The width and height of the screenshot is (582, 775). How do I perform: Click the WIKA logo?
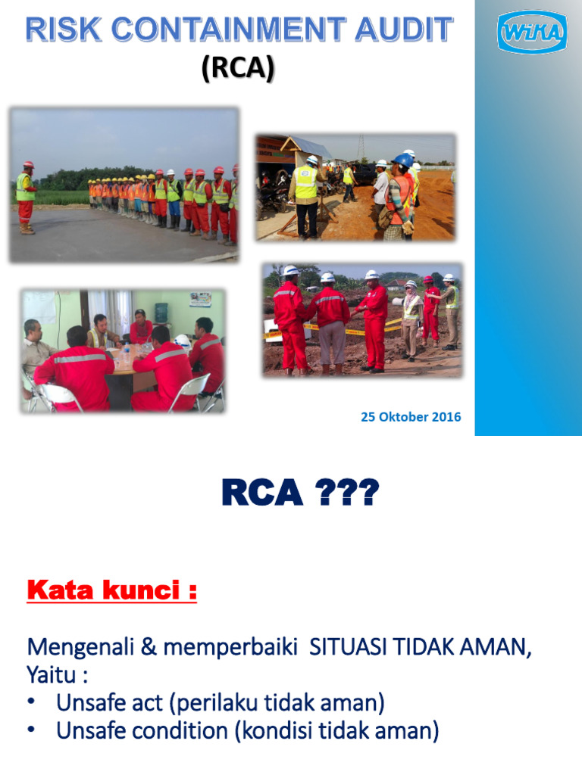click(x=531, y=33)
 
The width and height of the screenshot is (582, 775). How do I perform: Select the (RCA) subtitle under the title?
click(x=238, y=69)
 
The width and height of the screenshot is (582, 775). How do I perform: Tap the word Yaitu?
click(x=51, y=675)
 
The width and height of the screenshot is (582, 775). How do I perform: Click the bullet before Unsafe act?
click(x=31, y=703)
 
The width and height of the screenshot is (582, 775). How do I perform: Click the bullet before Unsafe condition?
click(x=31, y=731)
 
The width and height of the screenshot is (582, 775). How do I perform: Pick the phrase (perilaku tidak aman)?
click(x=277, y=704)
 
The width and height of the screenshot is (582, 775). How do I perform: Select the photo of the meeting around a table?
click(x=123, y=350)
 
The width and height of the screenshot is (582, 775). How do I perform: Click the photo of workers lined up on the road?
click(x=124, y=185)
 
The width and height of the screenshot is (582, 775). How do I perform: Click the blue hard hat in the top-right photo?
click(x=402, y=160)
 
